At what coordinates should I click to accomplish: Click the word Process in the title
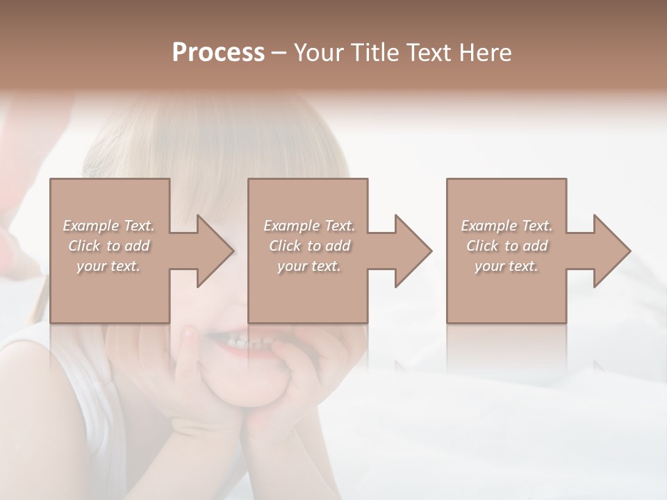click(218, 53)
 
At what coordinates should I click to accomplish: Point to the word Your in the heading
click(318, 53)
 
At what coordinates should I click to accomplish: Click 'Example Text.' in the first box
click(108, 226)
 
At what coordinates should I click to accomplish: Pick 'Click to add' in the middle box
click(309, 246)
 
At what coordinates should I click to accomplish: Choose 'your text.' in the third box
click(507, 266)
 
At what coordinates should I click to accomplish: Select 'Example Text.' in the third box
click(507, 226)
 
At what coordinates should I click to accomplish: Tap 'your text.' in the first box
click(108, 266)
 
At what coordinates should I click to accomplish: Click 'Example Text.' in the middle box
click(309, 226)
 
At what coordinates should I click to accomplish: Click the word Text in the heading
click(425, 53)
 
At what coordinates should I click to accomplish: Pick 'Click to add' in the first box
click(108, 246)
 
